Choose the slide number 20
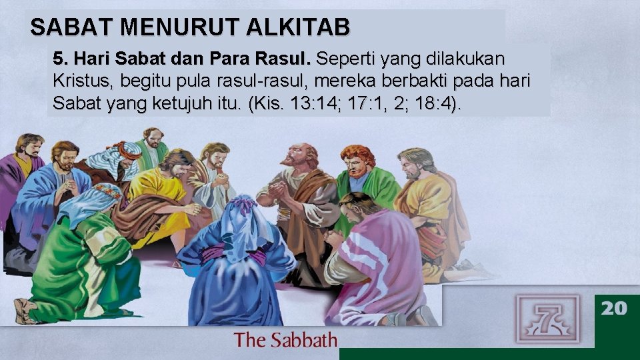614,308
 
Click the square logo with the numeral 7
547,318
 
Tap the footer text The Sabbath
285,340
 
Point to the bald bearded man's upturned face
298,157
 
